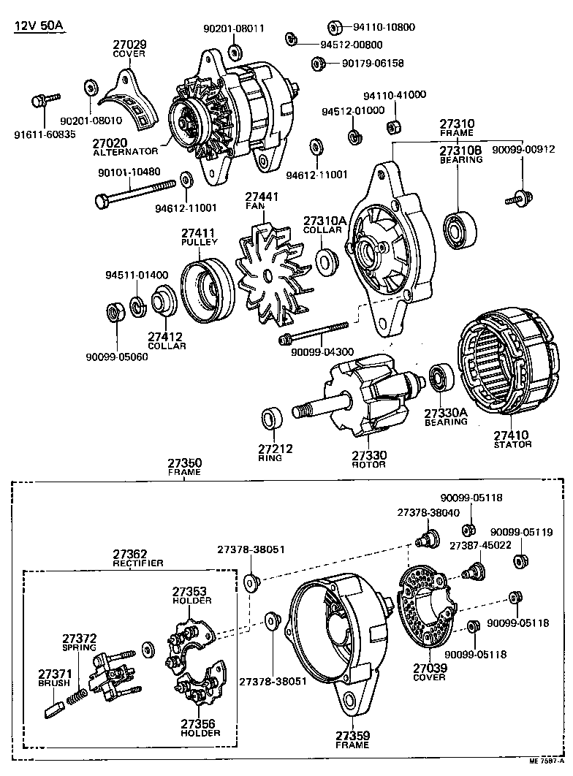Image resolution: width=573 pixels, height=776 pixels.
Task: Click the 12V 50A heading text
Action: click(39, 27)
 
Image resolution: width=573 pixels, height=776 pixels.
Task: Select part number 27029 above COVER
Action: click(129, 44)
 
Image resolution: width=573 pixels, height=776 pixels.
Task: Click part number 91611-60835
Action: click(45, 134)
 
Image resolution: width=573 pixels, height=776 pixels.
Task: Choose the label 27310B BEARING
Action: click(460, 154)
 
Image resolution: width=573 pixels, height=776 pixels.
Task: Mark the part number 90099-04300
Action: click(322, 352)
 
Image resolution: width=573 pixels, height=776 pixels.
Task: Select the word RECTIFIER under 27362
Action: click(137, 563)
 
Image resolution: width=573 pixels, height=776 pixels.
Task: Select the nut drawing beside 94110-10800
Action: click(334, 28)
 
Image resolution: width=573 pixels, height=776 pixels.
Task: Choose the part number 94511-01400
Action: click(137, 275)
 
